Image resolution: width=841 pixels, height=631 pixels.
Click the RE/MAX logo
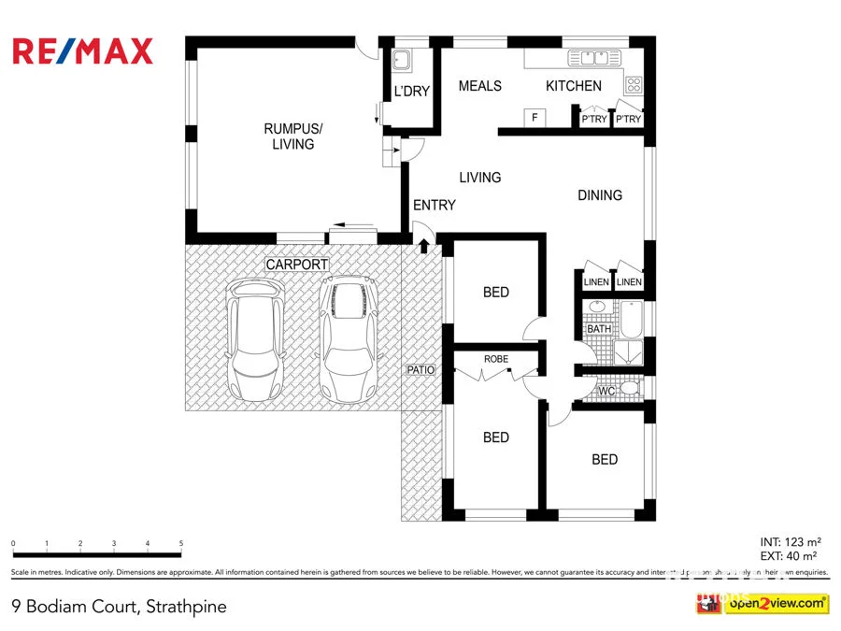[x=82, y=50]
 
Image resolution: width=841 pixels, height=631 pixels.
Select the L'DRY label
[x=410, y=92]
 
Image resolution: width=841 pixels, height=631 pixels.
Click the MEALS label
[x=479, y=86]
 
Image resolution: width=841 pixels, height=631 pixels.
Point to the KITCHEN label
[x=574, y=86]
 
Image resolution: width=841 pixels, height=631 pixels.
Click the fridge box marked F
[x=535, y=118]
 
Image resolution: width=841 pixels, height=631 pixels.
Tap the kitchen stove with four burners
[x=634, y=86]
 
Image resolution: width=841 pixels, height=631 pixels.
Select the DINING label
[x=599, y=195]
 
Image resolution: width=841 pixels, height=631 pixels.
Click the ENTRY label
[x=434, y=206]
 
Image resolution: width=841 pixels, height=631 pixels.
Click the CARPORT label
[x=297, y=265]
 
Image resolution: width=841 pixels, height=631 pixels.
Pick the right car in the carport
[x=348, y=336]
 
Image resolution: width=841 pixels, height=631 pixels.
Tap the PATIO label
[x=420, y=370]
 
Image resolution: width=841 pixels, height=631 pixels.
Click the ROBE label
[x=495, y=359]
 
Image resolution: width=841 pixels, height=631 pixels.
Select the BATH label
[x=598, y=329]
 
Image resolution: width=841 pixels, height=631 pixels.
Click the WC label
[x=605, y=390]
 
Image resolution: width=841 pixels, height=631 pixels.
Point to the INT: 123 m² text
[x=791, y=541]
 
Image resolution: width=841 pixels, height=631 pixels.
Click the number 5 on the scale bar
[x=180, y=543]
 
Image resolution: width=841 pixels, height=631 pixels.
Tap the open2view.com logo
[x=776, y=604]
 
